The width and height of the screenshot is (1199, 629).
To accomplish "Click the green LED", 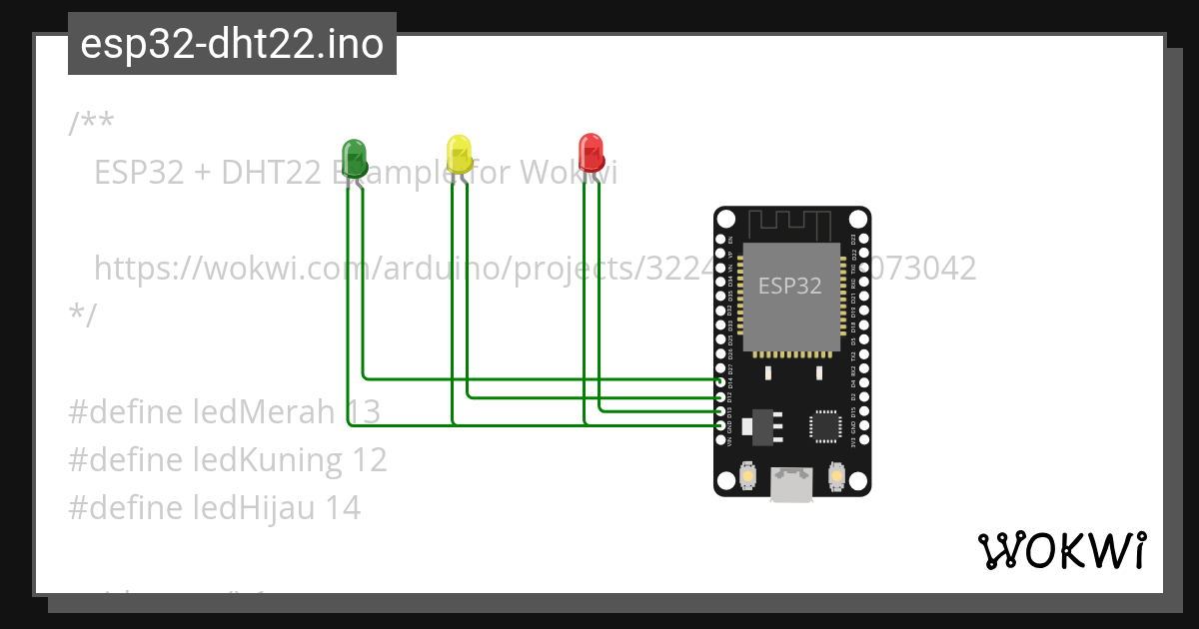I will (354, 158).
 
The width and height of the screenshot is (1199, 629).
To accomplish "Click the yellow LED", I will (459, 154).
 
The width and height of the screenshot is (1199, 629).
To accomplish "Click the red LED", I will (591, 152).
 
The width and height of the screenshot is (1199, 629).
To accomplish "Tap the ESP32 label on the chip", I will (789, 286).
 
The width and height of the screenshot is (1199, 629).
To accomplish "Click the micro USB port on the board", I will (791, 485).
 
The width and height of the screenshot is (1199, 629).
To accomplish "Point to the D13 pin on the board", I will (720, 411).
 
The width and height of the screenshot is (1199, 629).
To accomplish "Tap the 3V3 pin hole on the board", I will (863, 440).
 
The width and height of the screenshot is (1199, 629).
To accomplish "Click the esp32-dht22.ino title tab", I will (232, 44).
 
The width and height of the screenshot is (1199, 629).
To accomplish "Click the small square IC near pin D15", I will (825, 425).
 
